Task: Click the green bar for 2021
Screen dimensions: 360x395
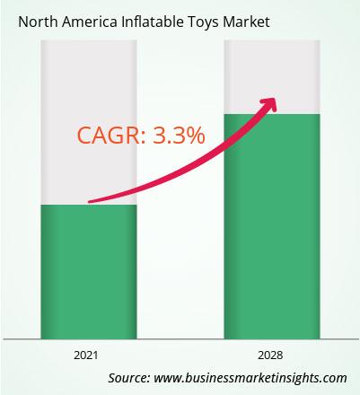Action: [x=89, y=272]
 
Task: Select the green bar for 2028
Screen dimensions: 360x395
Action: [x=272, y=226]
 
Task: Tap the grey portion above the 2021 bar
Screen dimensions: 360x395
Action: [x=89, y=122]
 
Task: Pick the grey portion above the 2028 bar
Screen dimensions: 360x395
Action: [x=272, y=77]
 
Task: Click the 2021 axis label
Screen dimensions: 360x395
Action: [x=86, y=355]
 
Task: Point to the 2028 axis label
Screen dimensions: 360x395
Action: [x=270, y=355]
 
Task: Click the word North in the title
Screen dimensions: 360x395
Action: [x=38, y=22]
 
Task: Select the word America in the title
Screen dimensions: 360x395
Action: [x=90, y=22]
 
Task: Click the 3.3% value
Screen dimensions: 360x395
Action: [x=179, y=136]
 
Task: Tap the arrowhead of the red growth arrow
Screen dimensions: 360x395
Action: [x=268, y=105]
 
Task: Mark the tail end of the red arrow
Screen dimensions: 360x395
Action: [x=90, y=202]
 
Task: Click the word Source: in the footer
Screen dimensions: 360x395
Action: [x=129, y=378]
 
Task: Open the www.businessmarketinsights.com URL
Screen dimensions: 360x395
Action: [x=250, y=378]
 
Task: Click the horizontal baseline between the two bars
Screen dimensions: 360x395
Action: [x=180, y=339]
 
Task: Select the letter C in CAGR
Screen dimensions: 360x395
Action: [x=83, y=136]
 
